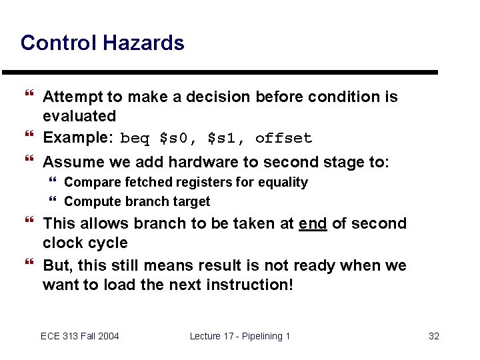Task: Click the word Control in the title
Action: tap(59, 43)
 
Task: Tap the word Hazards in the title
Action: tap(143, 43)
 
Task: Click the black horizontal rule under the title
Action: tap(220, 72)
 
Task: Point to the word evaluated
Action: tap(79, 117)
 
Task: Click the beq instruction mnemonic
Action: tap(135, 139)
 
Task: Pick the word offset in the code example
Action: tap(283, 139)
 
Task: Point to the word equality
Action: tap(284, 183)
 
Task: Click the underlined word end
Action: tap(313, 224)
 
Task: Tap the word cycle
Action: tap(109, 243)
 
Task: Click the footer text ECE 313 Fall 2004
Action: tap(79, 336)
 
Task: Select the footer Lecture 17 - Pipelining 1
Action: tap(240, 336)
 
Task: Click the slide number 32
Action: tap(433, 336)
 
